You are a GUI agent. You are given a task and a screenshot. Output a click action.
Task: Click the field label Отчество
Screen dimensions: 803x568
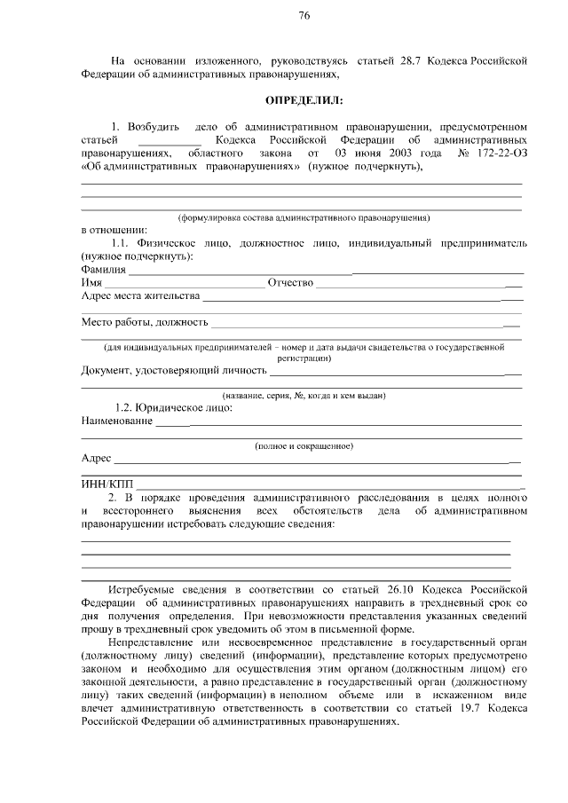point(291,282)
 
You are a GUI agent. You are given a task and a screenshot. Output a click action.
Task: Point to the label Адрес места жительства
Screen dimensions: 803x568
point(140,295)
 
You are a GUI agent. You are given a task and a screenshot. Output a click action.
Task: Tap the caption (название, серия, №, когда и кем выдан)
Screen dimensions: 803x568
point(304,395)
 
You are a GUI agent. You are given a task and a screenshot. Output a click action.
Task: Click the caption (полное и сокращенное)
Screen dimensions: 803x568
point(304,445)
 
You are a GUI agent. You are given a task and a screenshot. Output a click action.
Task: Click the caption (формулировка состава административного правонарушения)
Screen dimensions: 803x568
point(304,216)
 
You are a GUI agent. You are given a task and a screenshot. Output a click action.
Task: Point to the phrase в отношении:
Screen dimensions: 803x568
point(108,229)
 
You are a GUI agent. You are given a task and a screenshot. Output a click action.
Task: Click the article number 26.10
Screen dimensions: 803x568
point(398,589)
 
